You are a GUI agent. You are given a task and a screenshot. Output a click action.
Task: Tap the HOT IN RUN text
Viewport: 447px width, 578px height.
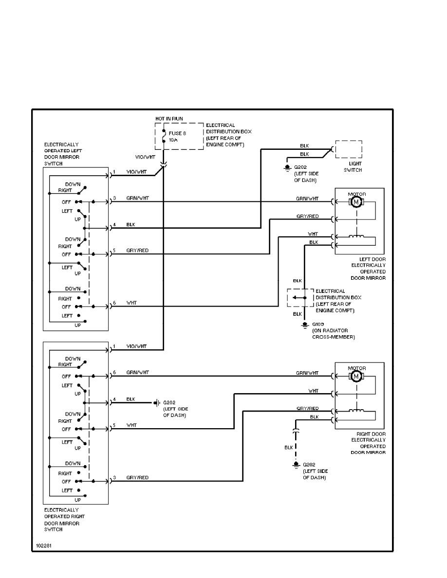point(168,118)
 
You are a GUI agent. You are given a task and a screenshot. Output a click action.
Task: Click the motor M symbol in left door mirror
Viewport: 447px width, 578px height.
point(356,201)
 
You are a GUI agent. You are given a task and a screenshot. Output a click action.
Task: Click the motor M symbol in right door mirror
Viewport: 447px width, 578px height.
point(356,376)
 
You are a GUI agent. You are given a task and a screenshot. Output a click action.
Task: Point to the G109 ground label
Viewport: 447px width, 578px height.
point(318,324)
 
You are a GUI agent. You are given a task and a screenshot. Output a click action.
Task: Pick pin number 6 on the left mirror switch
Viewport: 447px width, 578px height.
point(114,303)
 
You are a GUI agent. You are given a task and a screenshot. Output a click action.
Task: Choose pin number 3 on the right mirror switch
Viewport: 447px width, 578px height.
point(114,478)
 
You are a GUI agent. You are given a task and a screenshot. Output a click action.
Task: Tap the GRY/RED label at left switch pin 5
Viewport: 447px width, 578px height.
point(137,251)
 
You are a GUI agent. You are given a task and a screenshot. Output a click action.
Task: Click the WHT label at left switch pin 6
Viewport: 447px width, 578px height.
point(131,303)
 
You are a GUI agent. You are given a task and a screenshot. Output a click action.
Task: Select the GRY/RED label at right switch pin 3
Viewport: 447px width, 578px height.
point(137,478)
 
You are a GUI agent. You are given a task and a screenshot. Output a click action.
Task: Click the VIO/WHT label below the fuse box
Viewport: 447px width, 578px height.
point(145,157)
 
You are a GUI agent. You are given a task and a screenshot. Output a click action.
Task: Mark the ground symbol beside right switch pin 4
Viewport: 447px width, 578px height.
point(157,403)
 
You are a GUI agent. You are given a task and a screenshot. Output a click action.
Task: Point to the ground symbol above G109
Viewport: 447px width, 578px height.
point(305,324)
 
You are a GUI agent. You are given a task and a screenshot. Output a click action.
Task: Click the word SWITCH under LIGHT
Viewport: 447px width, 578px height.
point(354,170)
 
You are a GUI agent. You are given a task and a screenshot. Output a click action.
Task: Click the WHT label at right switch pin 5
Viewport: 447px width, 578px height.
point(131,425)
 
